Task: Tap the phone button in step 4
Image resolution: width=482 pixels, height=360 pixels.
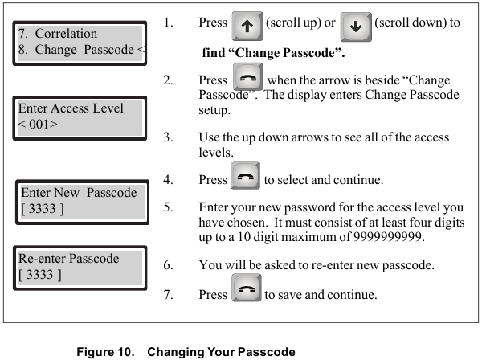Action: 245,181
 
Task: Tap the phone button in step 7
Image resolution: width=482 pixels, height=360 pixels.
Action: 245,294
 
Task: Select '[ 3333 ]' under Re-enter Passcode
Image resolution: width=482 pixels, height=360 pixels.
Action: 40,276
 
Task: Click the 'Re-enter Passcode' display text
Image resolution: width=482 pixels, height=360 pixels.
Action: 69,260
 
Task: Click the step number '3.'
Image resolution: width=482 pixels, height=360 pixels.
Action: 168,137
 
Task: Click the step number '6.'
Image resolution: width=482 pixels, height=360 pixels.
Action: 168,264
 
